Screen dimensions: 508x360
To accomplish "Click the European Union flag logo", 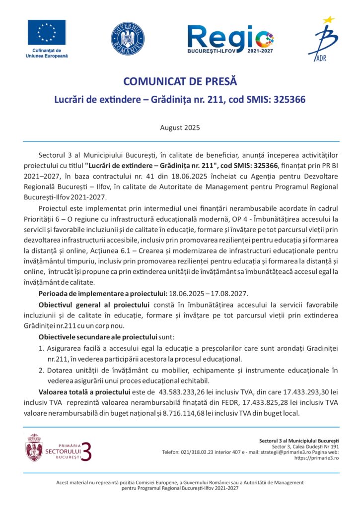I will [46, 32].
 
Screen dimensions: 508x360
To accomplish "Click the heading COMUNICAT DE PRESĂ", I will [180, 81].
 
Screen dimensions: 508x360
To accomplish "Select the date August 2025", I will [180, 127].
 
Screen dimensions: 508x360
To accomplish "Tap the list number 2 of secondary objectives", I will [41, 370].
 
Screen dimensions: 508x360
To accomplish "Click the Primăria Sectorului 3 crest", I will [34, 447].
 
